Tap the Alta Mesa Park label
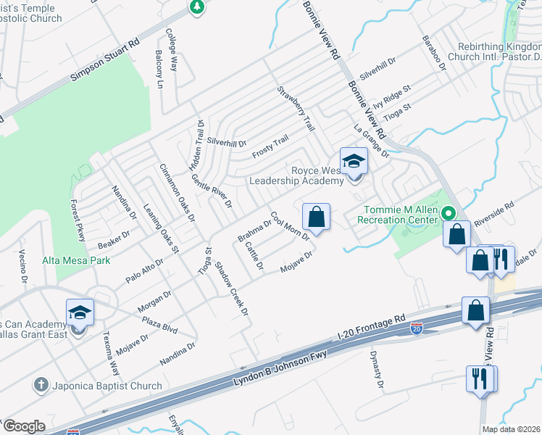76,260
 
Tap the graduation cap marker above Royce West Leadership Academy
354,161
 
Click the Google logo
23,426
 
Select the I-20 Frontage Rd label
371,328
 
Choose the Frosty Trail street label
270,147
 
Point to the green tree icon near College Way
196,7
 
